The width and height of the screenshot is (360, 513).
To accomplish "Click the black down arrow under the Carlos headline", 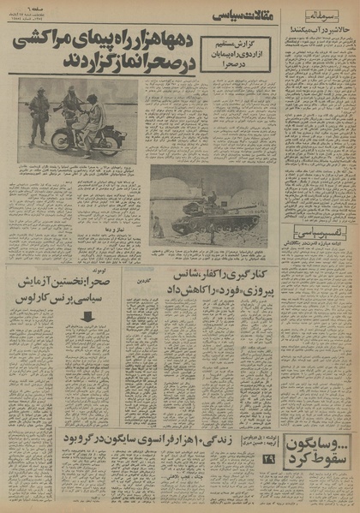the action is (87, 316).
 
